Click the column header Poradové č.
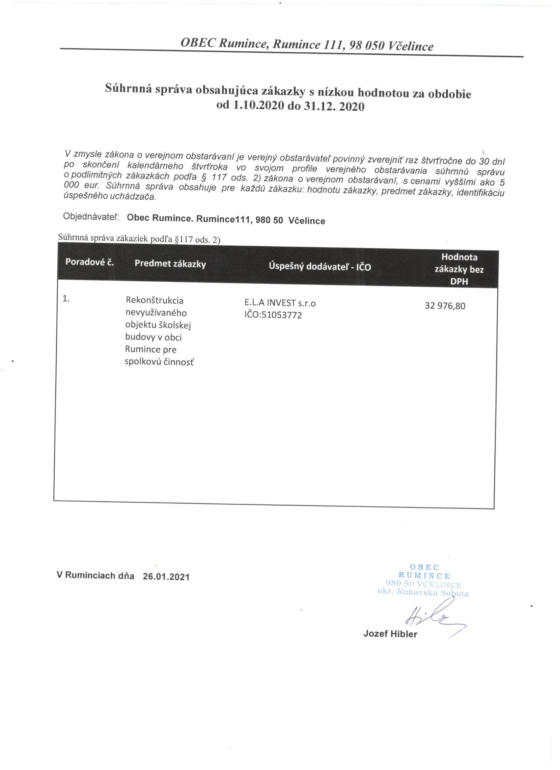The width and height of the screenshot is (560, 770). [x=89, y=262]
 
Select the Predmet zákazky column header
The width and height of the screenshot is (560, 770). [x=170, y=264]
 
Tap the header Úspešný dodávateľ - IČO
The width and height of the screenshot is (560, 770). [x=320, y=266]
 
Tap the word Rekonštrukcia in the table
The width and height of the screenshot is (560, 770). [x=154, y=300]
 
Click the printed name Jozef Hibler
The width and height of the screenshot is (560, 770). [x=390, y=634]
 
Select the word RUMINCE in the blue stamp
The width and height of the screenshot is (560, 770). [x=424, y=575]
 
